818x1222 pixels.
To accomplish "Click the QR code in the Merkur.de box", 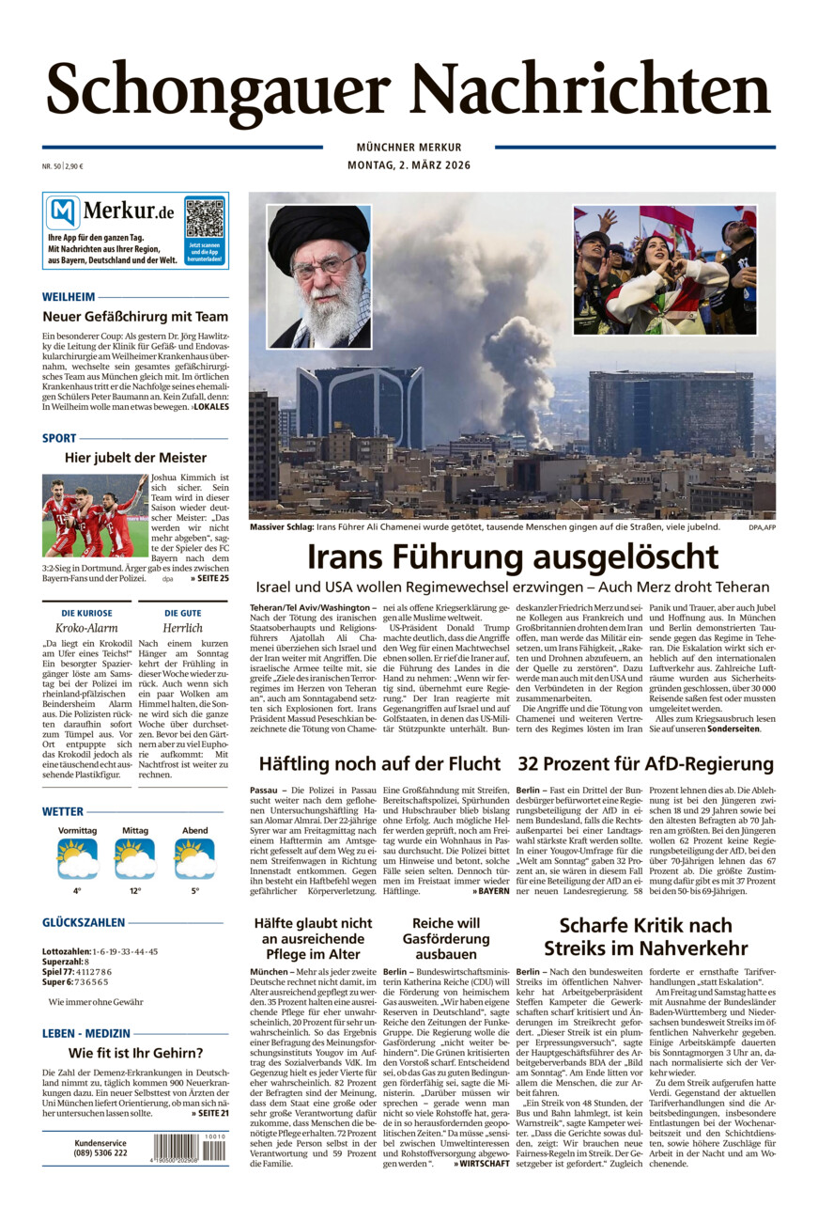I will [x=204, y=218].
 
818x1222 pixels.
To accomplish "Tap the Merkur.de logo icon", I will [x=63, y=212].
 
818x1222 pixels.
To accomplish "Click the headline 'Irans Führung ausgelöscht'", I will [x=513, y=556].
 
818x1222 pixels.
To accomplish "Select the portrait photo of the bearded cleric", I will [x=319, y=276].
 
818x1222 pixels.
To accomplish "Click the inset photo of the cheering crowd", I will [x=665, y=270].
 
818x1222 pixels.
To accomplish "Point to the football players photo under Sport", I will [x=95, y=514].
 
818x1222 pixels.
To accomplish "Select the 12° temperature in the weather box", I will [x=135, y=890].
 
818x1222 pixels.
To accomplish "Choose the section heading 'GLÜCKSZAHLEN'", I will [x=84, y=923].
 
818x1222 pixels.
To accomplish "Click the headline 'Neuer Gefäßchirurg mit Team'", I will [x=135, y=317].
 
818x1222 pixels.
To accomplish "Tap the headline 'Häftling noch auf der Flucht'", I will [x=379, y=763].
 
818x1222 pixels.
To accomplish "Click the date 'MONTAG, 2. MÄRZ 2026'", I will [x=409, y=165].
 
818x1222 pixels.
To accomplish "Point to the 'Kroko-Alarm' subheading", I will [x=86, y=627].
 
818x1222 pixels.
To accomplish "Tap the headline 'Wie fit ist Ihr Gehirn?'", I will [x=135, y=1053].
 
